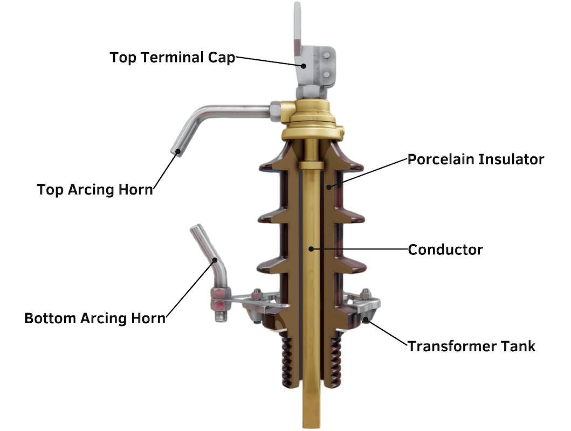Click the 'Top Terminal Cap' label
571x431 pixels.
172,58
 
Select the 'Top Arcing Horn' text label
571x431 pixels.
95,190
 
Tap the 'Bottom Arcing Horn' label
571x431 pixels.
95,318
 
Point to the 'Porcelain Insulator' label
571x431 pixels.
476,159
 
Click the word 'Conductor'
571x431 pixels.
445,249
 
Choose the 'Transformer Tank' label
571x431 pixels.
471,346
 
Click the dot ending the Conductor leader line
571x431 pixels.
311,249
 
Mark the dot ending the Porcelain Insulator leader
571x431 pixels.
328,187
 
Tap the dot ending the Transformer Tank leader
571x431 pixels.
366,320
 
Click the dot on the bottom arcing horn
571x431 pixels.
215,260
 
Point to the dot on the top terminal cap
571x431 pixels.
303,66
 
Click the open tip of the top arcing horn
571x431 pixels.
177,152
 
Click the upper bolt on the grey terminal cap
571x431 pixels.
327,55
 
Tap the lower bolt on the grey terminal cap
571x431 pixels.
327,74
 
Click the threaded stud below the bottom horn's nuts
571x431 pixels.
221,315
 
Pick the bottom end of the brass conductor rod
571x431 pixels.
312,426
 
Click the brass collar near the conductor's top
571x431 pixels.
311,166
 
